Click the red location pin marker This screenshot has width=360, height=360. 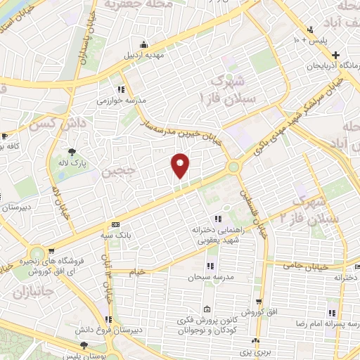[x=180, y=165]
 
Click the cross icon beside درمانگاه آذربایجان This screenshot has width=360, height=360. [x=336, y=54]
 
